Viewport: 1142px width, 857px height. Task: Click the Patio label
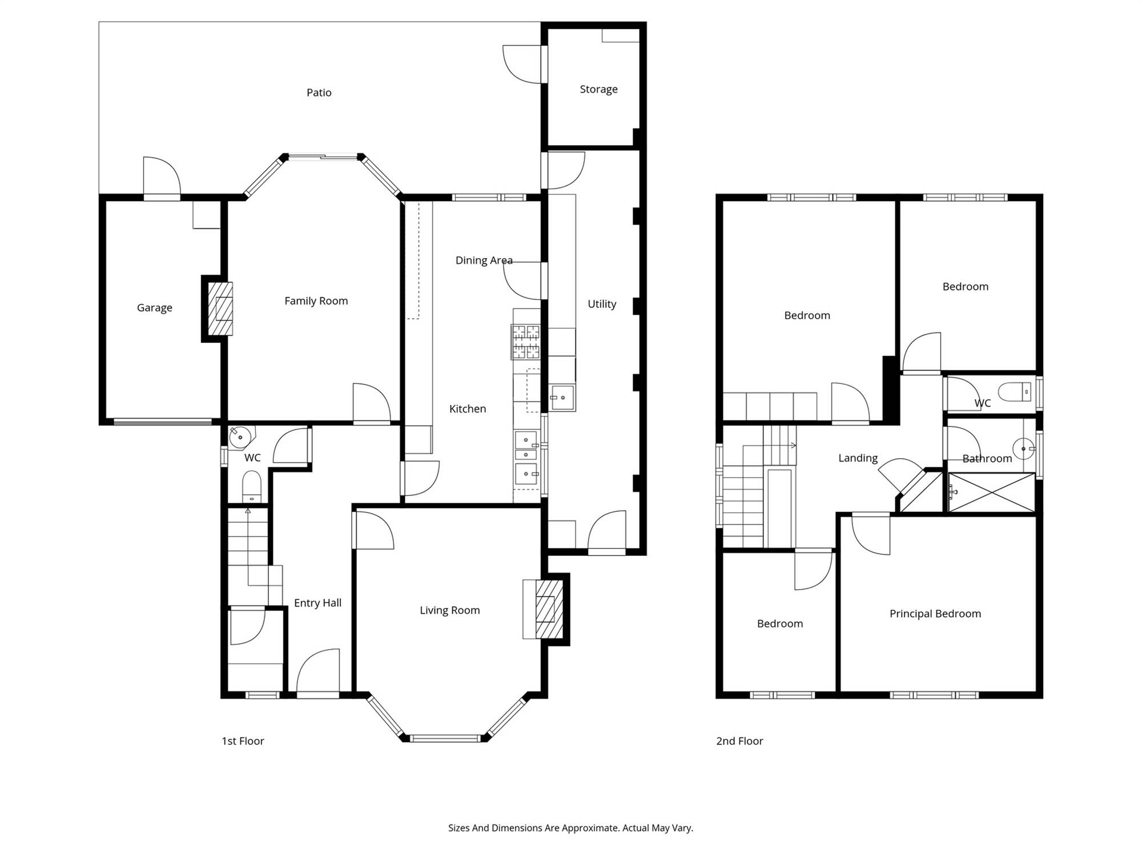[x=319, y=93]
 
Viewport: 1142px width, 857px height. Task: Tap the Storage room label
[x=598, y=89]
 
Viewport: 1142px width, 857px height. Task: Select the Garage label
[x=154, y=308]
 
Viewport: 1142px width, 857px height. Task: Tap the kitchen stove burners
[x=525, y=342]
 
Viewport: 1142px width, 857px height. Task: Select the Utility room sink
[x=562, y=397]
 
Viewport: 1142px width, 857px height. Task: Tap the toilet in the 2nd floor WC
[x=1015, y=392]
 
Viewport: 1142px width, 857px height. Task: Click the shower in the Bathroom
[x=991, y=492]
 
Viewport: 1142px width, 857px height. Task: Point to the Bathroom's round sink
[x=1023, y=449]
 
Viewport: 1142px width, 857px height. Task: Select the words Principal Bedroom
[x=935, y=614]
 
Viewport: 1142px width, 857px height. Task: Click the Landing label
[x=858, y=458]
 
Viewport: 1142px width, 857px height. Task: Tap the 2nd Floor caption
[x=739, y=741]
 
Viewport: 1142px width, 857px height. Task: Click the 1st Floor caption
[x=243, y=741]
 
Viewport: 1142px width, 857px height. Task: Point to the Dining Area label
[x=484, y=261]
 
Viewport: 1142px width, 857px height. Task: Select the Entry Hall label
[x=317, y=603]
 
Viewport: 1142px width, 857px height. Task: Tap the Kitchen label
[x=468, y=409]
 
